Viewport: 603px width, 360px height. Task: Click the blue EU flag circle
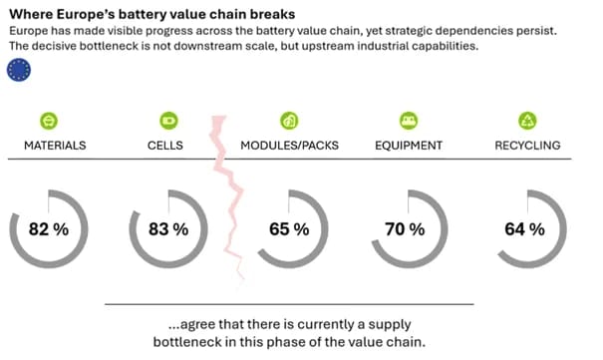pos(19,70)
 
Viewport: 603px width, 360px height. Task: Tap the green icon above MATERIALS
pos(49,121)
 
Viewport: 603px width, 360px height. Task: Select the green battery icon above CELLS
pos(168,121)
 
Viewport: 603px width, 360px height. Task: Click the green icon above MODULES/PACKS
pos(289,121)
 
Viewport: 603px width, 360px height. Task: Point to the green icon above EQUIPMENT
pos(409,121)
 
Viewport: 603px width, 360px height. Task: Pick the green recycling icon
pos(527,121)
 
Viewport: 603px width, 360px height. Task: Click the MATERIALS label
pos(55,146)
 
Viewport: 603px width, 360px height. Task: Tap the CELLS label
pos(165,146)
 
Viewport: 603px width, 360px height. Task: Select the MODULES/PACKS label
pos(290,146)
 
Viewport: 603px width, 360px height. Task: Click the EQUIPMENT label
pos(409,146)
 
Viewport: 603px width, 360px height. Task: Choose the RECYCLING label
pos(527,146)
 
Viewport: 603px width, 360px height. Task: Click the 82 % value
pos(49,229)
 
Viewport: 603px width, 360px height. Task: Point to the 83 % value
pos(168,229)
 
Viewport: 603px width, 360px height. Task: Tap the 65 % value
pos(289,229)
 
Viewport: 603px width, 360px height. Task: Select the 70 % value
pos(405,229)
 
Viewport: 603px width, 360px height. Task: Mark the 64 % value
pos(525,229)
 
